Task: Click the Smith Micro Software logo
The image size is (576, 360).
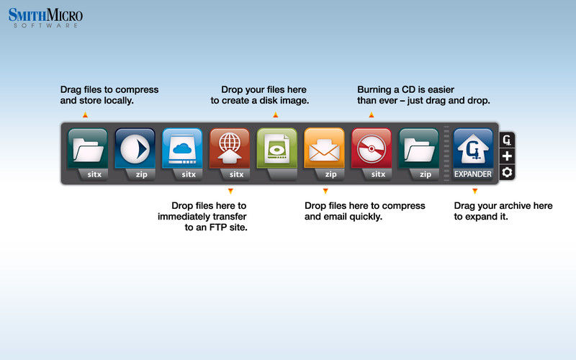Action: tap(45, 17)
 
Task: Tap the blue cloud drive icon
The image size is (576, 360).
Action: tap(182, 148)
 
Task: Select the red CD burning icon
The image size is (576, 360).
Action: tap(372, 148)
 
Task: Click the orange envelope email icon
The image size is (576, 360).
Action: tap(325, 148)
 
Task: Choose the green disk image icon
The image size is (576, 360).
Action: tap(277, 148)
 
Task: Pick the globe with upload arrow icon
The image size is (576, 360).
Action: tap(230, 148)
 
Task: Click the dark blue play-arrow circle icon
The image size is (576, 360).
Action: tap(135, 148)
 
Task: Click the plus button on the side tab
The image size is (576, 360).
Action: tap(507, 156)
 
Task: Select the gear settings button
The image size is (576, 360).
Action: tap(507, 172)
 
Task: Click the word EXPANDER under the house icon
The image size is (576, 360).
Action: tap(473, 174)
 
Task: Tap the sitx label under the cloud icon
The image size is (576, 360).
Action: tap(189, 174)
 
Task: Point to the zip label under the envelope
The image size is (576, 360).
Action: tap(330, 174)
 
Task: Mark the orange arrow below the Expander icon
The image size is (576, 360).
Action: tap(475, 191)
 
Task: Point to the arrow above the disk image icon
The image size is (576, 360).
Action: tap(276, 115)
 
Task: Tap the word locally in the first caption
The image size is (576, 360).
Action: tap(119, 101)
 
